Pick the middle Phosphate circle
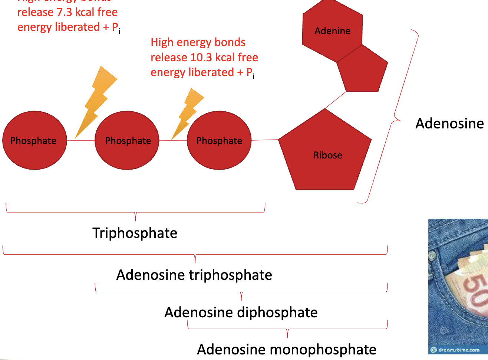point(127,140)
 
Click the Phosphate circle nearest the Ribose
point(219,140)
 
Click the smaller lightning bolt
point(188,113)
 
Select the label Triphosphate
point(135,233)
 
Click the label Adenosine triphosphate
point(194,275)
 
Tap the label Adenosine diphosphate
point(241,312)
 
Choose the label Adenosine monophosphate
point(287,350)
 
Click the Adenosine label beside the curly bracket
point(449,124)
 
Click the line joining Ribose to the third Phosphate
point(265,140)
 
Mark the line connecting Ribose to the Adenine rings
point(336,100)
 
